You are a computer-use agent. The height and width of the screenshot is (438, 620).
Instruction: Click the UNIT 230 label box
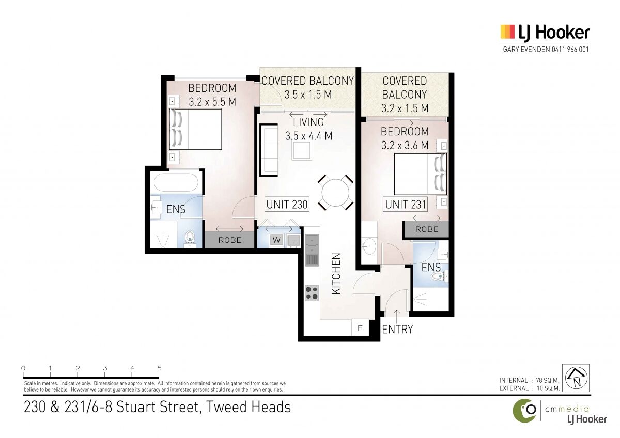[x=287, y=205]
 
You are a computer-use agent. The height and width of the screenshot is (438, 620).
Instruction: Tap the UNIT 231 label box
[x=405, y=205]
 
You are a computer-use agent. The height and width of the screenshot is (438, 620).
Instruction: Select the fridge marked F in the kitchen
[x=360, y=328]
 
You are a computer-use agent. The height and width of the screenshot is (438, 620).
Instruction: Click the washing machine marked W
[x=276, y=240]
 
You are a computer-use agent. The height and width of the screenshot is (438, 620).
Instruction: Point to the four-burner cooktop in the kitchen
[x=312, y=293]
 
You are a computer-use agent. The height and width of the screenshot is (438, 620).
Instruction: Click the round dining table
[x=335, y=193]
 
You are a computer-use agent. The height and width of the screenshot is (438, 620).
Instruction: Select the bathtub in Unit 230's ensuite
[x=176, y=182]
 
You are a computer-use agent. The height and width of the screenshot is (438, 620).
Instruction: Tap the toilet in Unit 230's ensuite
[x=190, y=239]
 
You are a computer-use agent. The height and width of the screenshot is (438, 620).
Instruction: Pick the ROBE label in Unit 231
[x=427, y=229]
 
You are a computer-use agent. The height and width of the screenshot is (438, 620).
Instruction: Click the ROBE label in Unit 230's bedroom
[x=230, y=240]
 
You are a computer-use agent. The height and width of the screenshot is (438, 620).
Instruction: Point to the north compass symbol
[x=576, y=378]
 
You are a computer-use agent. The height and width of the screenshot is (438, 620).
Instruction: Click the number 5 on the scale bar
[x=159, y=368]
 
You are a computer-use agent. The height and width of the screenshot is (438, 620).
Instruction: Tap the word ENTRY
[x=397, y=329]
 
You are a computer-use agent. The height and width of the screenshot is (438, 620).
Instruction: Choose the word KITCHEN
[x=336, y=274]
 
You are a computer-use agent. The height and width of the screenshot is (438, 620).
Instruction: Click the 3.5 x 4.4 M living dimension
[x=308, y=136]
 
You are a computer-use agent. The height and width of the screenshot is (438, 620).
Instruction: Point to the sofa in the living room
[x=269, y=150]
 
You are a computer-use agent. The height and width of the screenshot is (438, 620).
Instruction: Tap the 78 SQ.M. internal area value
[x=548, y=381]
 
